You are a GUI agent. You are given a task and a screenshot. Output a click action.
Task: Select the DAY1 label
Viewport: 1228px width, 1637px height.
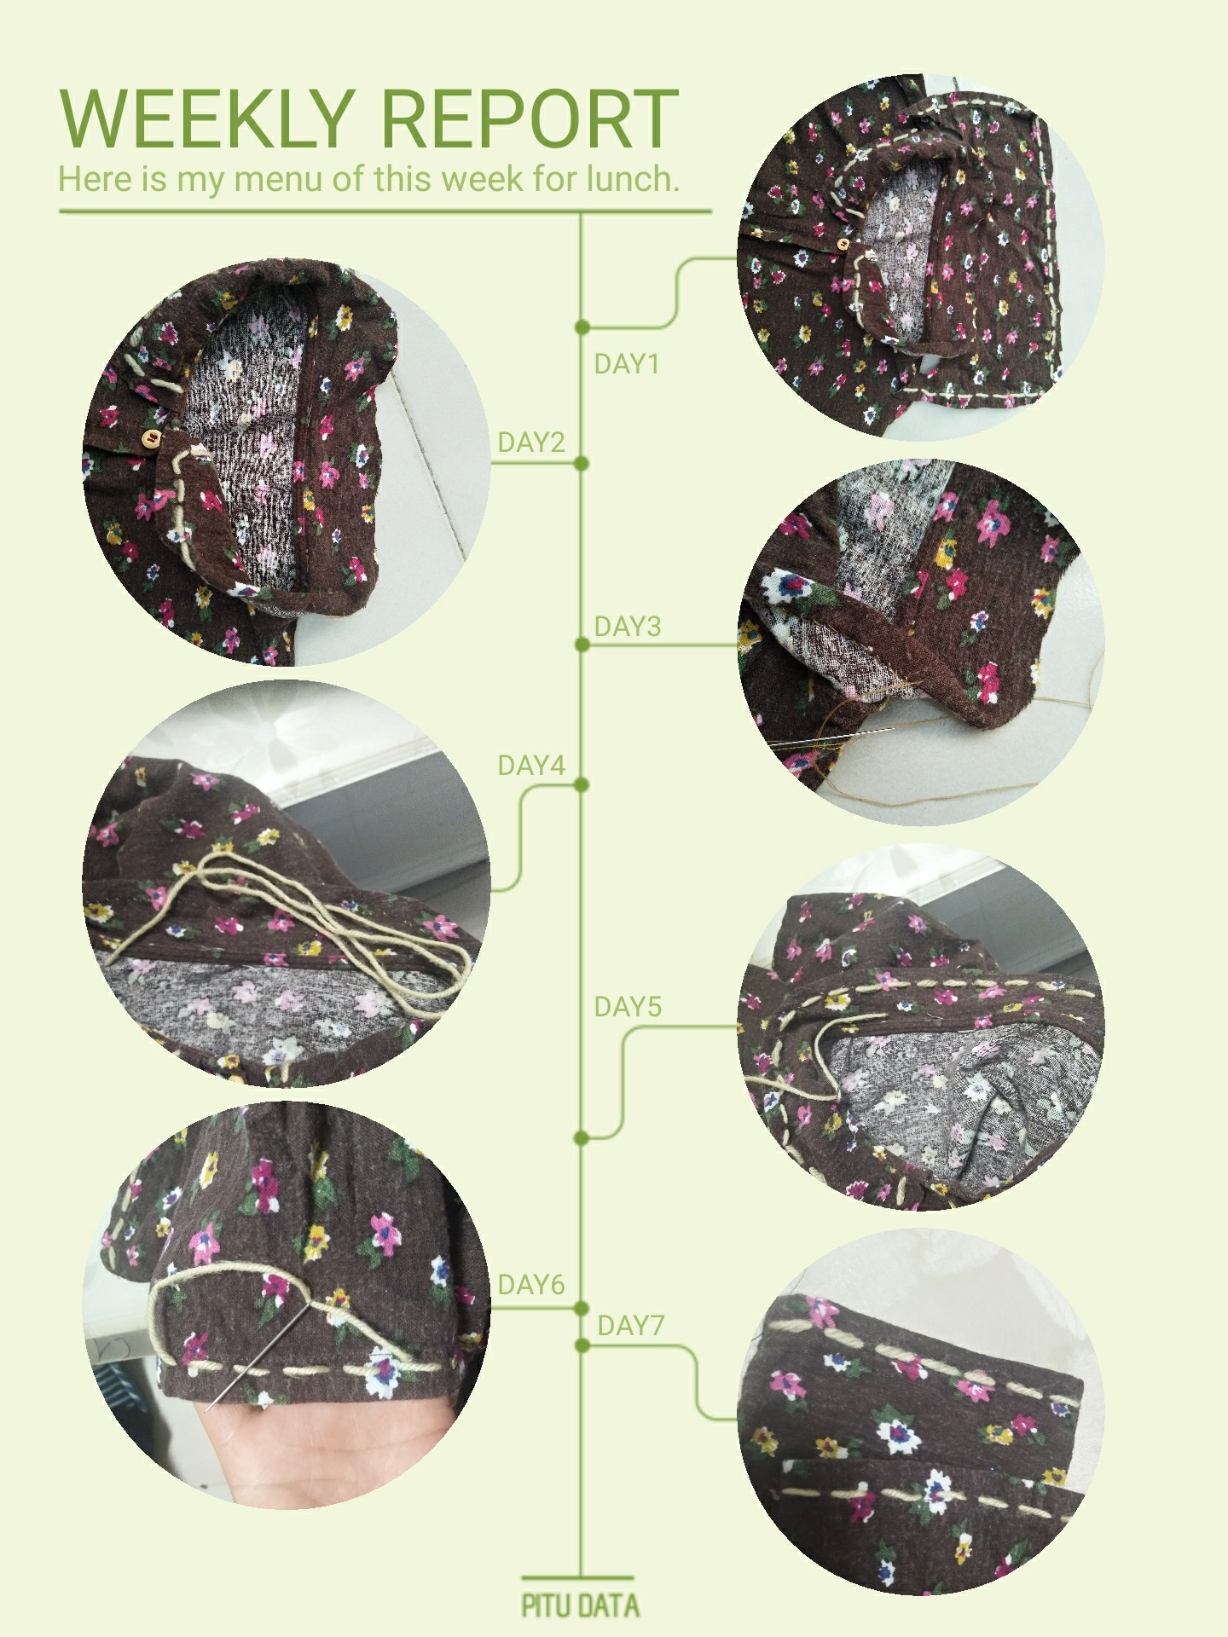pyautogui.click(x=627, y=364)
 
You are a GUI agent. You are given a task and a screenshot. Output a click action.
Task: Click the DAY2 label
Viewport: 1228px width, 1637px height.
pyautogui.click(x=531, y=443)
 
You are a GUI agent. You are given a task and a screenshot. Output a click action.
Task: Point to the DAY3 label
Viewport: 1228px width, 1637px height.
pyautogui.click(x=628, y=627)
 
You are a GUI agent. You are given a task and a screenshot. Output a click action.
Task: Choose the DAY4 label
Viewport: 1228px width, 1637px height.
pyautogui.click(x=531, y=766)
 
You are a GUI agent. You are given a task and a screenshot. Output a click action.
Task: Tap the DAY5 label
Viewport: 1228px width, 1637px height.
pyautogui.click(x=628, y=1007)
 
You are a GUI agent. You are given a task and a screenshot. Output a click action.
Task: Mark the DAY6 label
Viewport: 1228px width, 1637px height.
pyautogui.click(x=531, y=1285)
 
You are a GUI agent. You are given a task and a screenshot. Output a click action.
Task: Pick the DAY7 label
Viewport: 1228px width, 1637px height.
pyautogui.click(x=630, y=1326)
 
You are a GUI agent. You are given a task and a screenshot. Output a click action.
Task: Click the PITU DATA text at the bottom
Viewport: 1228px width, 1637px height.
pyautogui.click(x=581, y=1606)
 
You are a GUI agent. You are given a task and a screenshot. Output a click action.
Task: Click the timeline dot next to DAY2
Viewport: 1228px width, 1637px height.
pyautogui.click(x=582, y=464)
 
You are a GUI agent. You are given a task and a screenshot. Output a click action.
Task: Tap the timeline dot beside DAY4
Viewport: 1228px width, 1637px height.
pyautogui.click(x=582, y=785)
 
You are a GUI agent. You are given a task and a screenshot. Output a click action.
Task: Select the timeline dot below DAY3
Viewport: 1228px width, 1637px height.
pyautogui.click(x=582, y=645)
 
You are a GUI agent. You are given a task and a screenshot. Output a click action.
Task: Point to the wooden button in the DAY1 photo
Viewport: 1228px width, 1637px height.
pyautogui.click(x=843, y=246)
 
